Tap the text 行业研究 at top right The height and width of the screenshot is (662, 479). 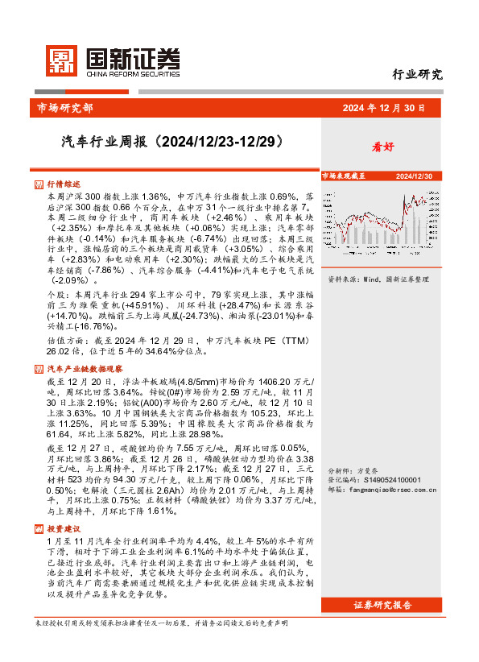pos(417,75)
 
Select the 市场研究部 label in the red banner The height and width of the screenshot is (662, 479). pos(65,107)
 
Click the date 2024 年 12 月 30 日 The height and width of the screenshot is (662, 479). pos(384,107)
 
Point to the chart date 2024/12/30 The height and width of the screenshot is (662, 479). pos(414,176)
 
